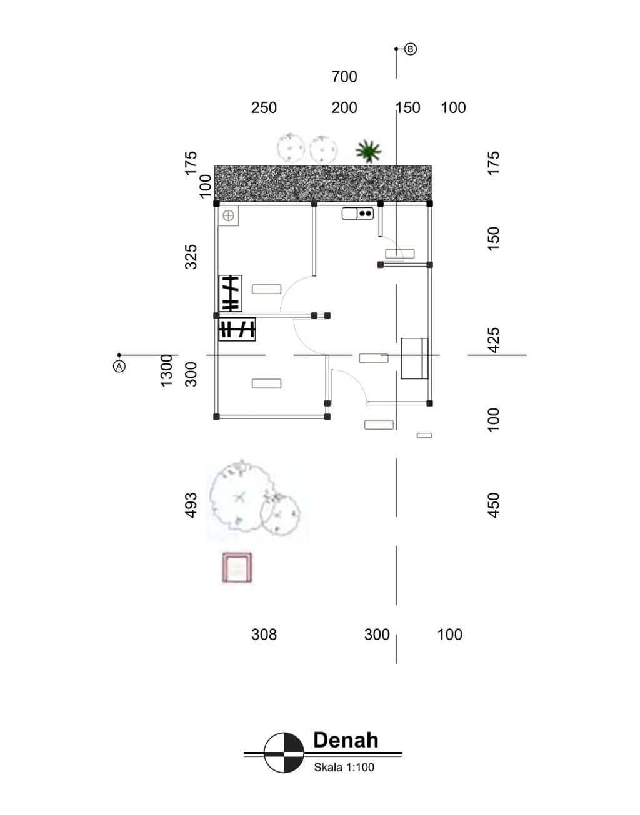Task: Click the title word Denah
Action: [346, 740]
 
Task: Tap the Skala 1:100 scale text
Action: [344, 768]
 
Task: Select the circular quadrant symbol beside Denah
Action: [284, 753]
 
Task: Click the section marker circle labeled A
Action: [119, 366]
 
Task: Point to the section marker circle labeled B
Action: [411, 49]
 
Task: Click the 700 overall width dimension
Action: [344, 77]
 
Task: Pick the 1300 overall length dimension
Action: [166, 370]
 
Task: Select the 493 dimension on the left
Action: [191, 505]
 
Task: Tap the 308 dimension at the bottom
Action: [264, 635]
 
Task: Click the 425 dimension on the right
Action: [494, 340]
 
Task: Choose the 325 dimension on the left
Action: [191, 257]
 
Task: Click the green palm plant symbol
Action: [368, 151]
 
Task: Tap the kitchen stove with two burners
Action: [365, 214]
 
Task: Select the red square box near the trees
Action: [237, 568]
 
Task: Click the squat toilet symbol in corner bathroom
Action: [229, 215]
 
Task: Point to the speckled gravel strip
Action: [322, 183]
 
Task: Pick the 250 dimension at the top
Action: [264, 107]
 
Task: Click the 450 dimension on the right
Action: [494, 505]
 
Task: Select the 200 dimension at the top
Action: [344, 107]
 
